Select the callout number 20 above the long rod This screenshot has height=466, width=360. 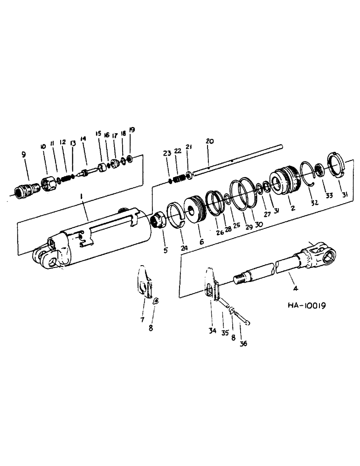(x=208, y=140)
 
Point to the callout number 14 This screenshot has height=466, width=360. (x=83, y=138)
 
